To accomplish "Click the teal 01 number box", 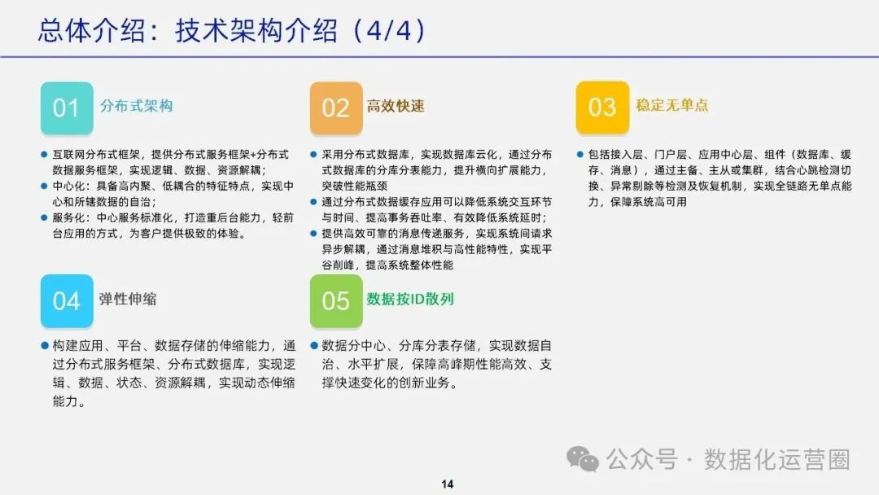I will tap(66, 107).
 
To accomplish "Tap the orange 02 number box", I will tap(335, 107).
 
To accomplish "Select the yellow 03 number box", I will tap(602, 107).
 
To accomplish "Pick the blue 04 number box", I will tap(66, 300).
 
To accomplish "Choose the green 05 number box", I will tap(335, 300).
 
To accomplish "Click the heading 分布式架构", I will tap(136, 106).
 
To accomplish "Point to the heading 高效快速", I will tap(396, 106).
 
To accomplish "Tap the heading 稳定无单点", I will tap(672, 105).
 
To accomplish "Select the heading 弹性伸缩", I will tap(128, 299).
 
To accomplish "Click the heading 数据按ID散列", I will tap(410, 299).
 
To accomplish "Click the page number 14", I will tap(447, 484).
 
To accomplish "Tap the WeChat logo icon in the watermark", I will tap(583, 459).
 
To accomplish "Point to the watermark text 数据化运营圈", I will tap(776, 459).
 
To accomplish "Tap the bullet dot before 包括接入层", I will tap(579, 154).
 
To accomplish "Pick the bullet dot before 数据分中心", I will tap(314, 344).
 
